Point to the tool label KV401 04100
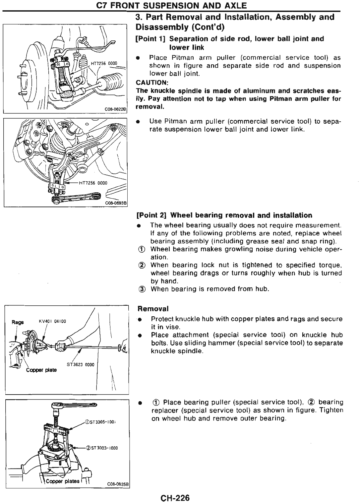click(52, 321)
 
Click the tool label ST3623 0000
click(81, 364)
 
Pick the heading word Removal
click(153, 309)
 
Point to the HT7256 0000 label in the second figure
click(93, 182)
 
